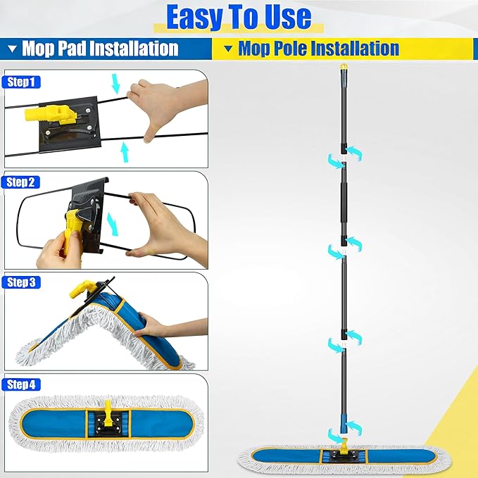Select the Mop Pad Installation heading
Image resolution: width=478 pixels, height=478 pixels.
[x=99, y=49]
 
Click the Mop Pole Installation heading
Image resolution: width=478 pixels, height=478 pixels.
[x=318, y=49]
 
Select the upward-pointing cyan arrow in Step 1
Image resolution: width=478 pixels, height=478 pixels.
[x=125, y=149]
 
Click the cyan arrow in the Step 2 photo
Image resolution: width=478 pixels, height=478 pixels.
[x=112, y=224]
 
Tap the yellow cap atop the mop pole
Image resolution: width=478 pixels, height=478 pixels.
[x=343, y=68]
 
